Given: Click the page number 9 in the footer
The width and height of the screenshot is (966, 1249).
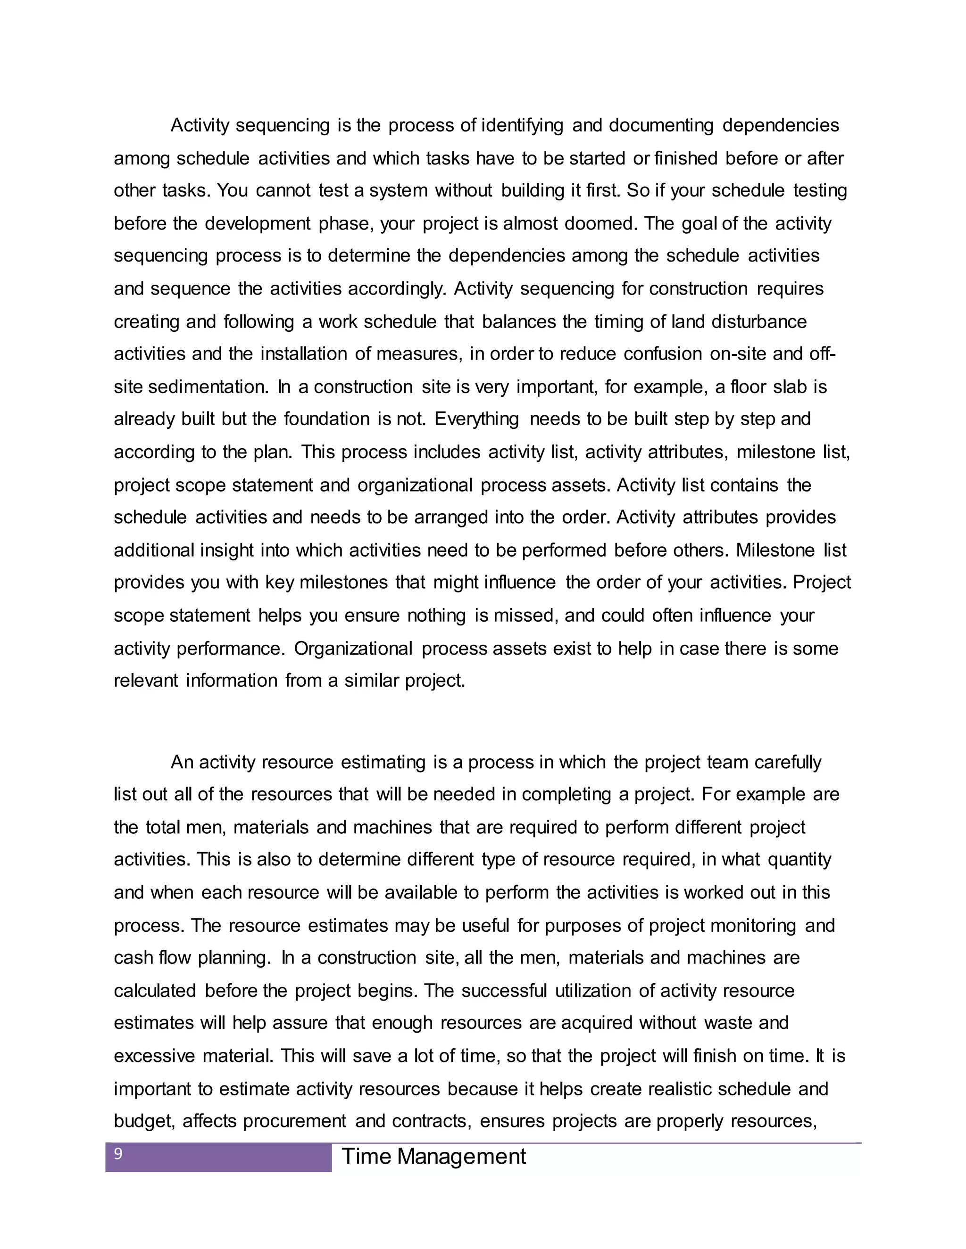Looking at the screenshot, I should [x=118, y=1153].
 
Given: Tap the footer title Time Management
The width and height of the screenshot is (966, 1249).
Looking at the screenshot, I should [x=433, y=1156].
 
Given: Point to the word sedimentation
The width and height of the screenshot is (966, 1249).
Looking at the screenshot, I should [x=209, y=387].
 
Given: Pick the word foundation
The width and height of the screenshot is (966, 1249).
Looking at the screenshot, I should [x=327, y=419].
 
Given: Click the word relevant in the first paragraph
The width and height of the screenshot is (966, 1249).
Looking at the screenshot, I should [x=146, y=681].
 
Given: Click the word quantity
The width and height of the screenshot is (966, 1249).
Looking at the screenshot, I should [x=799, y=860].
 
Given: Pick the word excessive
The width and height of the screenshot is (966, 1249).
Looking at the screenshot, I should [x=155, y=1056].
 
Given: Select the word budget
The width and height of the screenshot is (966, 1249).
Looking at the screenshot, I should [x=142, y=1121].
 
